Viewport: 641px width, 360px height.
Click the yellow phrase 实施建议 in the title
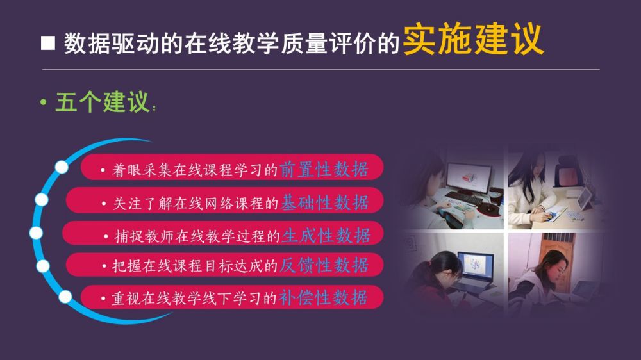[474, 40]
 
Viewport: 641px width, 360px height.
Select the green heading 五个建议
[102, 102]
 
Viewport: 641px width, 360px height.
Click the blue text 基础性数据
[324, 202]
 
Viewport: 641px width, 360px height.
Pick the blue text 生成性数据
[326, 235]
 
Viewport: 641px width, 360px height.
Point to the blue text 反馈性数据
[324, 265]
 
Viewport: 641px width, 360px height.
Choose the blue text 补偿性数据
[323, 297]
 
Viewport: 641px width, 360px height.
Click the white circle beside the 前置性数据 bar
[62, 167]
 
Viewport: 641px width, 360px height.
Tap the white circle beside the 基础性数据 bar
[41, 199]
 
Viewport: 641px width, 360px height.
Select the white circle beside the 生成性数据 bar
[36, 233]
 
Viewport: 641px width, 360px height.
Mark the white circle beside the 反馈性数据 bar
[43, 266]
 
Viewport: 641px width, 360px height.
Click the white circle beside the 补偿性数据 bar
[65, 297]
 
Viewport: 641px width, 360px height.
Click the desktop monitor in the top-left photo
[469, 177]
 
